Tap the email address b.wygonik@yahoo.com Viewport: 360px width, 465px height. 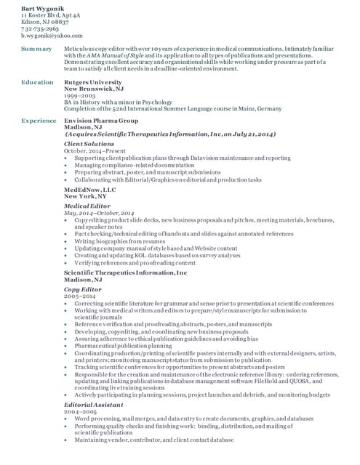pos(52,35)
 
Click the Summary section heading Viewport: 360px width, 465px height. pos(36,49)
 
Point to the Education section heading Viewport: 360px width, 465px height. pos(37,83)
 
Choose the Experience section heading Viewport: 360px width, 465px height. pos(39,120)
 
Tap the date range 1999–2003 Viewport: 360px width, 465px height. pos(80,96)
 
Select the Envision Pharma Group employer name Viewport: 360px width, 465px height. pos(101,120)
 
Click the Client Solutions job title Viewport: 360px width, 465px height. pos(89,144)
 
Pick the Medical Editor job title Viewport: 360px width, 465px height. pos(87,206)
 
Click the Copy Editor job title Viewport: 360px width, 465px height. pos(82,289)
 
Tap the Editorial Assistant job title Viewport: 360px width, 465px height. pos(93,404)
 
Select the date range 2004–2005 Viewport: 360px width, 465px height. pos(81,411)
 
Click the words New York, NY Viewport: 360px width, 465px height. pos(85,196)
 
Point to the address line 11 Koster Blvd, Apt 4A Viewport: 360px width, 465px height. pos(51,15)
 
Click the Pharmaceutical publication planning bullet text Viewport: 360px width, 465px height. pos(123,346)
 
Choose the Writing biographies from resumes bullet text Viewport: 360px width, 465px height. pos(119,240)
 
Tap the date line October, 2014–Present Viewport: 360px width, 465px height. pos(95,151)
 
